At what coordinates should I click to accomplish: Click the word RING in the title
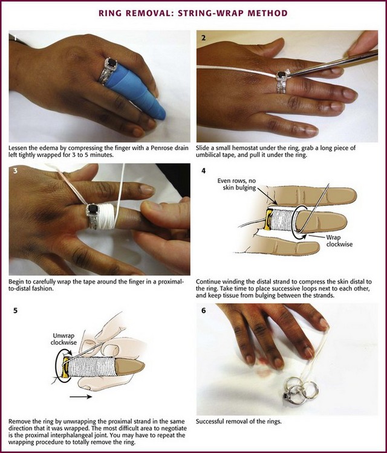[109, 13]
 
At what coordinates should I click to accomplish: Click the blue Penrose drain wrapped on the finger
[135, 93]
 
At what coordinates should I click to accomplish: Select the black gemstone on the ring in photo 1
[112, 63]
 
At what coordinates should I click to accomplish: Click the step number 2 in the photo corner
[203, 38]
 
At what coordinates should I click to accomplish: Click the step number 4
[203, 171]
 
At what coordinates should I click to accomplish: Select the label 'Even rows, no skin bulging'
[236, 184]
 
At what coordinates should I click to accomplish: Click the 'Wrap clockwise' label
[339, 241]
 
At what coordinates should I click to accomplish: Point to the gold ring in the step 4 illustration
[269, 219]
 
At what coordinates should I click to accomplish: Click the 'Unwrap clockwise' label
[63, 339]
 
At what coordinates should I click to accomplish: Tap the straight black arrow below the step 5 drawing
[81, 397]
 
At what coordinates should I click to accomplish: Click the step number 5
[15, 311]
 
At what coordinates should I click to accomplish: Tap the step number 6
[203, 311]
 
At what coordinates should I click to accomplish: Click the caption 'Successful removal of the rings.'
[239, 422]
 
